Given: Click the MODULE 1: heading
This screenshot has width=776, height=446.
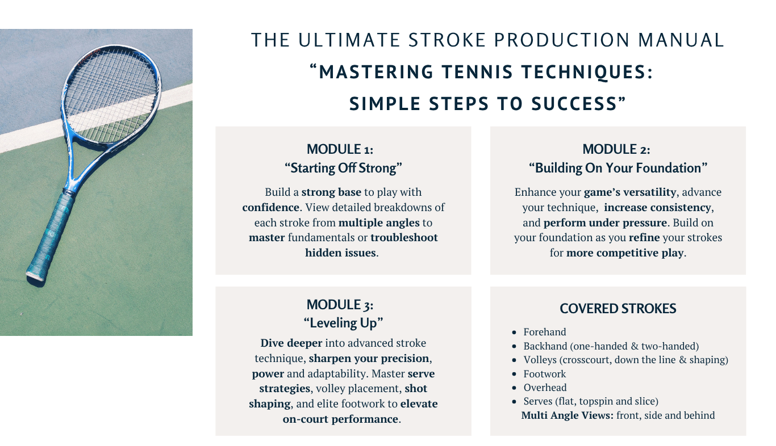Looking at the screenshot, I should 340,149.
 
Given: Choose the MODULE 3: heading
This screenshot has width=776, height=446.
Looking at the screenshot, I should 340,305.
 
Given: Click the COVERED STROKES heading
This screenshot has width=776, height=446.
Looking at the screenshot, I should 618,309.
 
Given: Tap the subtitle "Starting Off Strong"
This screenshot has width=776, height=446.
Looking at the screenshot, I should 343,168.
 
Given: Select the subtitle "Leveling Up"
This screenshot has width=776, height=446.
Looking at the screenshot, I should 343,323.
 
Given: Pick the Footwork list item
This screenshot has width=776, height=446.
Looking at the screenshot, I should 544,374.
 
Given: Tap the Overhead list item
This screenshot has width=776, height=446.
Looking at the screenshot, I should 545,388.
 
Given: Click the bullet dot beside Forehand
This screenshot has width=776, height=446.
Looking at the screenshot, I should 514,333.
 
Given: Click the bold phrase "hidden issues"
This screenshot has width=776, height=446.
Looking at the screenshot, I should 340,253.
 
